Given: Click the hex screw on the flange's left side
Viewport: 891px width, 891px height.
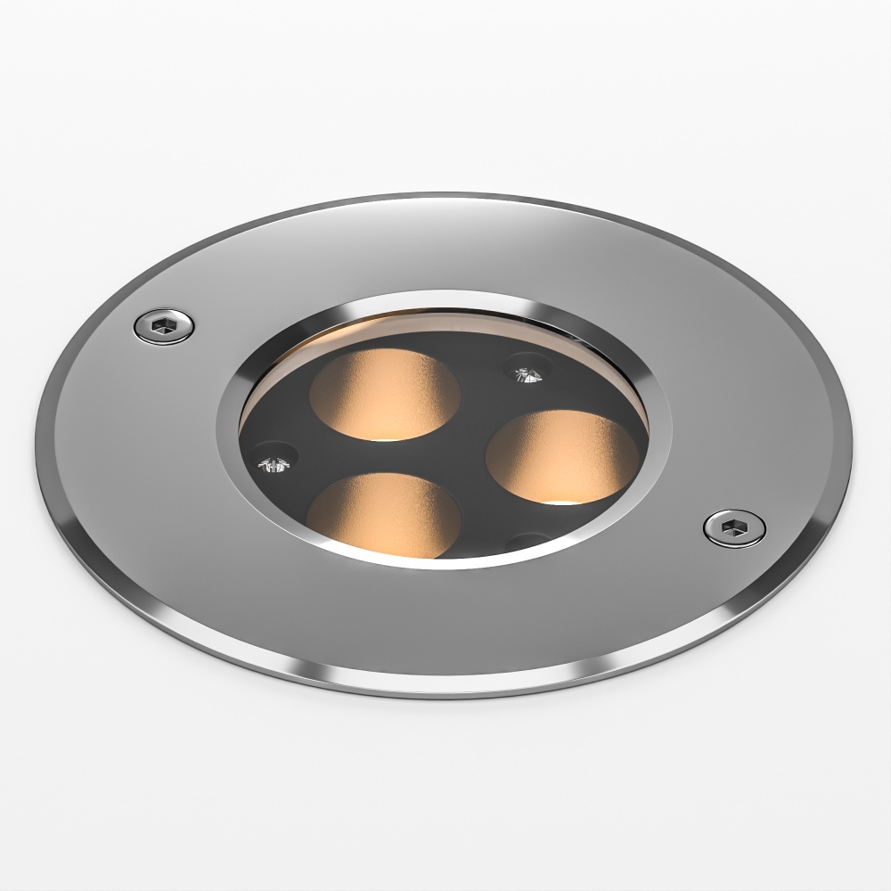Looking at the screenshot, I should (164, 325).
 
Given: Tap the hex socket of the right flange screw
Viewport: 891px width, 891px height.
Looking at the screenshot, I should (733, 527).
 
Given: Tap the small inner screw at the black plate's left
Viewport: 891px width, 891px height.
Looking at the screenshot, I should (275, 462).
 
